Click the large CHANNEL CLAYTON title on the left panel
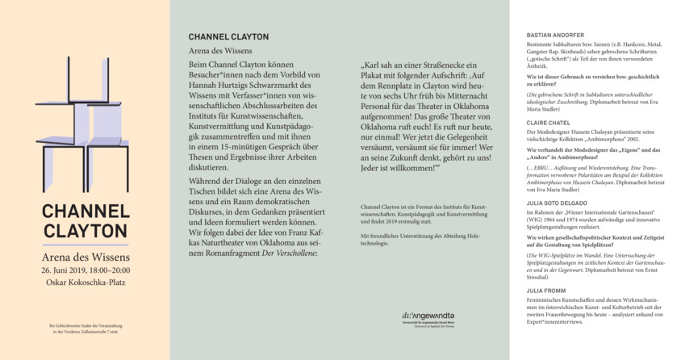point(85,221)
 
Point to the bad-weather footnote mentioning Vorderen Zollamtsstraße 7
point(84,330)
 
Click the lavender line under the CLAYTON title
point(85,245)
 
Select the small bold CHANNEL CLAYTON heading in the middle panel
point(228,37)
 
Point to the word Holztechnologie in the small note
point(380,242)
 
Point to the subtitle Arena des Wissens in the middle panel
point(220,51)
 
